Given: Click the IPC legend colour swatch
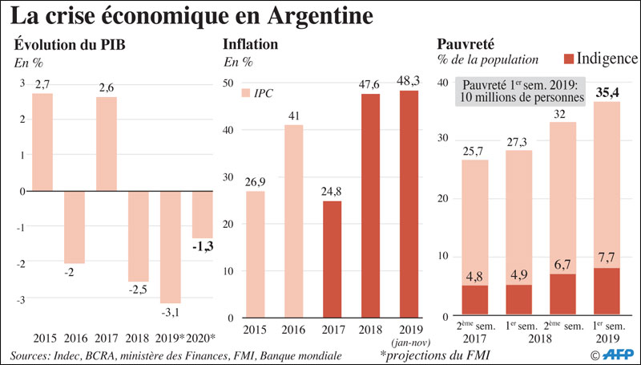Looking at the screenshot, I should click(246, 93).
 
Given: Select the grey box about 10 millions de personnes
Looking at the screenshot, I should click(520, 91).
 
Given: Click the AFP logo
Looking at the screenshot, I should click(615, 352).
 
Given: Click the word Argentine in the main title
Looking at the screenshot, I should click(288, 15).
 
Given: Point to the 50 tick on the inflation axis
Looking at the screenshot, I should click(228, 83).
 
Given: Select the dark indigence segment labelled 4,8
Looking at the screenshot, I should click(475, 299).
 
